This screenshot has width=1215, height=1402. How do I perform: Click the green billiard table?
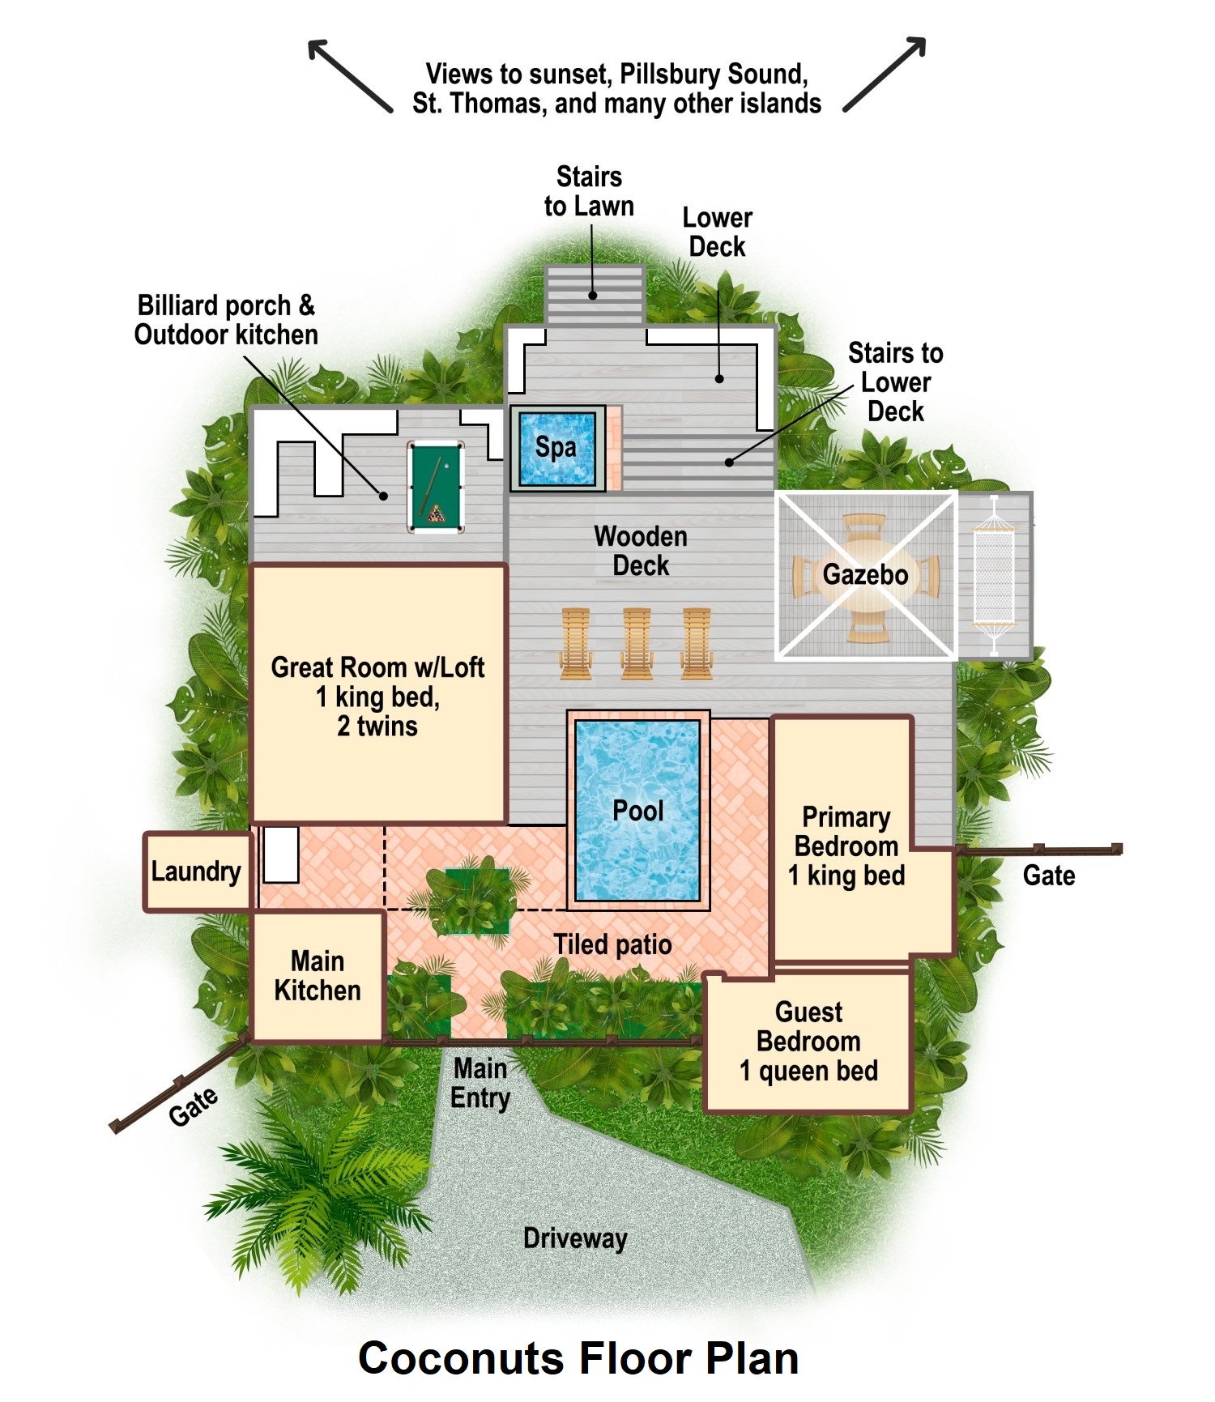click(x=436, y=486)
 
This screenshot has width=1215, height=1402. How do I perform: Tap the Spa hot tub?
click(x=557, y=448)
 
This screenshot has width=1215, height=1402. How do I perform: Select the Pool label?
click(x=638, y=811)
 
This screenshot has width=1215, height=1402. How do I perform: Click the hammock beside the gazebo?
click(x=994, y=575)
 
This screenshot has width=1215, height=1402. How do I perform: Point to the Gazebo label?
click(x=865, y=574)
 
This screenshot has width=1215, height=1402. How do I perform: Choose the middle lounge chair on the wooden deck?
click(x=637, y=643)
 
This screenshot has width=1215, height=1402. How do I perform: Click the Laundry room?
click(x=197, y=871)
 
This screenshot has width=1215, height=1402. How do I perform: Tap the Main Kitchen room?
click(x=318, y=976)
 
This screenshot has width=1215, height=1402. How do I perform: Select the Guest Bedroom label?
click(x=808, y=1042)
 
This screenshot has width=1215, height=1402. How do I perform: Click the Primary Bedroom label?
click(x=846, y=846)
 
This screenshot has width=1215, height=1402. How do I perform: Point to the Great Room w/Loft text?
click(x=377, y=667)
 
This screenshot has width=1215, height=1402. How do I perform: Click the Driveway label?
click(x=575, y=1238)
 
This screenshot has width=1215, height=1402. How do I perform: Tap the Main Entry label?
click(x=480, y=1083)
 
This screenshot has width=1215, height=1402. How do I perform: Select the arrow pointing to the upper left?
click(x=350, y=75)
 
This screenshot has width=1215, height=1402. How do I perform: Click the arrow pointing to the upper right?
click(x=885, y=74)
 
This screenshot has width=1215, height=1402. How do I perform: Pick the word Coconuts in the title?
click(x=461, y=1358)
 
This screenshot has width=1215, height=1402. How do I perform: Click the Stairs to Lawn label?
click(x=589, y=191)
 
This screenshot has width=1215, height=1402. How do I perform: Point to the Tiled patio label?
click(x=612, y=944)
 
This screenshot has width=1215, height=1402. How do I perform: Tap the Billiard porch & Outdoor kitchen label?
click(x=226, y=320)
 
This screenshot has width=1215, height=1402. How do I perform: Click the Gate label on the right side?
click(x=1049, y=876)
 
